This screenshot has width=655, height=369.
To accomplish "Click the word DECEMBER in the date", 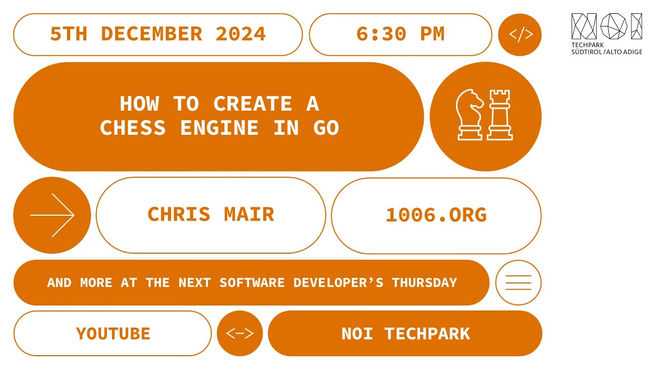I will pyautogui.click(x=151, y=34).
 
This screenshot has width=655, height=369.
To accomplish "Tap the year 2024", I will pyautogui.click(x=241, y=34).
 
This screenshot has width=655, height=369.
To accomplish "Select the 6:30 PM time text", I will pyautogui.click(x=400, y=34).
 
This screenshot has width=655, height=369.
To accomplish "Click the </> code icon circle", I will pyautogui.click(x=520, y=35).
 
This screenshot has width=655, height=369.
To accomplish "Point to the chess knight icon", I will pyautogui.click(x=469, y=114).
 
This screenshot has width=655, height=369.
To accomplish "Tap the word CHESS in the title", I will pyautogui.click(x=133, y=128).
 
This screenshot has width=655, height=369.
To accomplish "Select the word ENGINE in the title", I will pyautogui.click(x=219, y=128).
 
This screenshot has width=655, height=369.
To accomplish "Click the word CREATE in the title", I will pyautogui.click(x=252, y=104).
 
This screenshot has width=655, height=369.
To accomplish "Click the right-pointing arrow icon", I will pyautogui.click(x=52, y=215).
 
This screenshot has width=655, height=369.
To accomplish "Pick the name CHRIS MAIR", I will pyautogui.click(x=211, y=214).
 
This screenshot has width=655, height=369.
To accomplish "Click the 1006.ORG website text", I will pyautogui.click(x=436, y=215).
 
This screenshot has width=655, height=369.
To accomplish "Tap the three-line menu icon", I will pyautogui.click(x=518, y=282).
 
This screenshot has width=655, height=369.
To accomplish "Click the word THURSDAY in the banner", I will pyautogui.click(x=424, y=282).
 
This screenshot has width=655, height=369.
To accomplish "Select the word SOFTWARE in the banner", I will pyautogui.click(x=252, y=282).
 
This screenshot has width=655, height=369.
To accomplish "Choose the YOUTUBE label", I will pyautogui.click(x=113, y=334).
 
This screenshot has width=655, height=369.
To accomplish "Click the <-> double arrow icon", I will pyautogui.click(x=239, y=334).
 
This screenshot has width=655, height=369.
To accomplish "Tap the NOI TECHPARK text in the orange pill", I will pyautogui.click(x=405, y=334).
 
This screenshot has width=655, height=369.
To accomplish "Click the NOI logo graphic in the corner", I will pyautogui.click(x=606, y=26).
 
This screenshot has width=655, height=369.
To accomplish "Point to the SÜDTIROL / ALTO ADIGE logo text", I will pyautogui.click(x=606, y=52).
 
